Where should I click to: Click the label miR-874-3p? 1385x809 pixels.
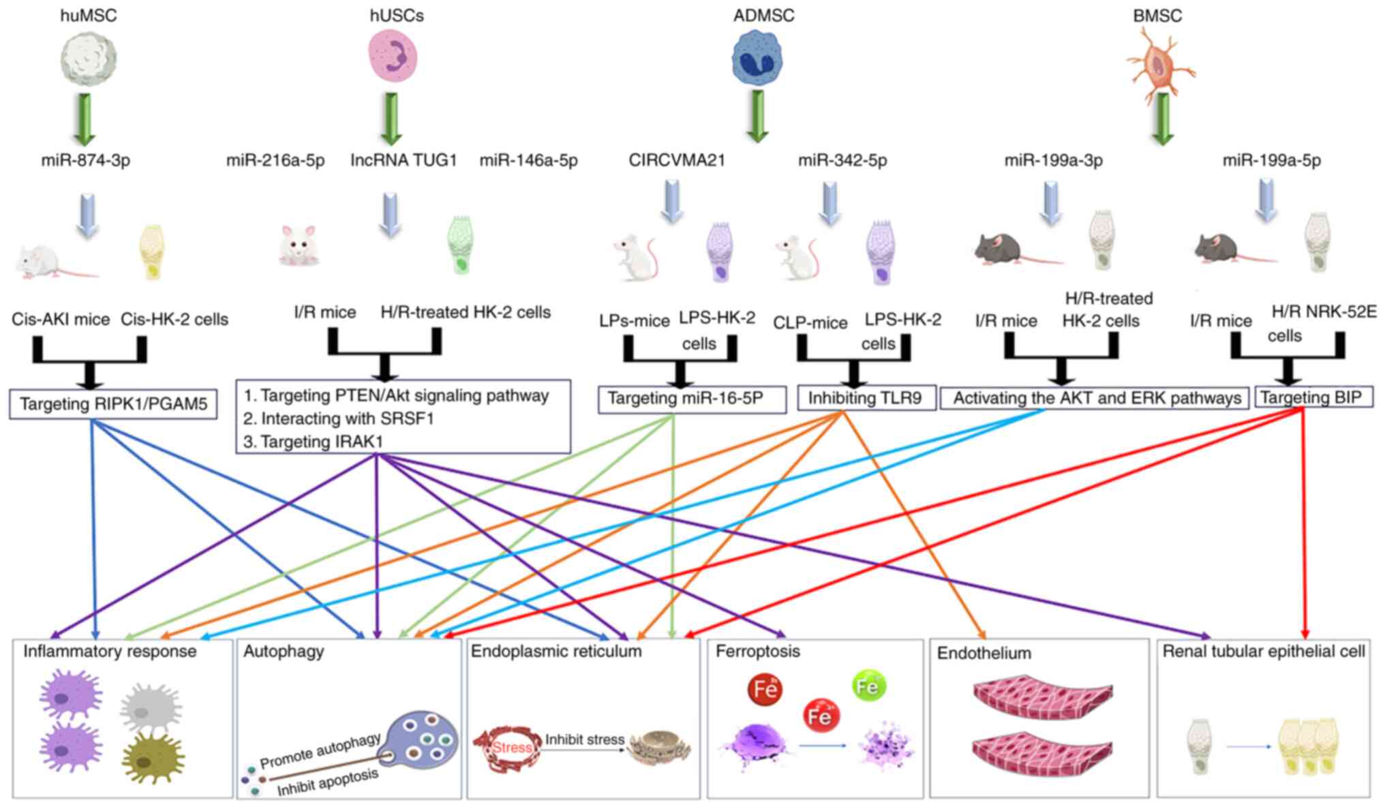click(86, 161)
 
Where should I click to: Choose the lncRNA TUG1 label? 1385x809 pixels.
click(404, 161)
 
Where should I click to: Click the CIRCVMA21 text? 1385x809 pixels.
click(677, 161)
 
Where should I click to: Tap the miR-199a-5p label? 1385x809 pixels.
click(1271, 161)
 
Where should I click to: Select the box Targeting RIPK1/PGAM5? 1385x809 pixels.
click(113, 404)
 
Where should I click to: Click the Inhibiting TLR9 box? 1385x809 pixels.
click(864, 398)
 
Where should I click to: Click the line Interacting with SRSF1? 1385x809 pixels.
click(339, 418)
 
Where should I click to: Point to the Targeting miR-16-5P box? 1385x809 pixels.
click(691, 399)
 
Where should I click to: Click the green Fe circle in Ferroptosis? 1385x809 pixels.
click(868, 686)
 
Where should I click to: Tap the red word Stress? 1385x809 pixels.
click(512, 748)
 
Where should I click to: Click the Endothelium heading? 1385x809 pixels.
click(984, 654)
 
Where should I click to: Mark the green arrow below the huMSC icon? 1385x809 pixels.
click(85, 119)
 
